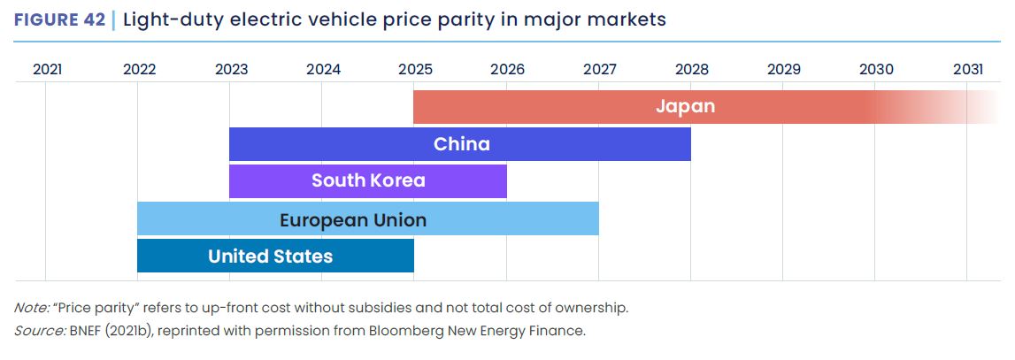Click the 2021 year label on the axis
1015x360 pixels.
47,69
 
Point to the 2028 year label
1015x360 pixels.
691,69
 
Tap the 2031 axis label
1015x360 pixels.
967,69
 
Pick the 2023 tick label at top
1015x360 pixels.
231,69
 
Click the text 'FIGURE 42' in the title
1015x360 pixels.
59,19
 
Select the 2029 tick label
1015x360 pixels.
783,69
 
